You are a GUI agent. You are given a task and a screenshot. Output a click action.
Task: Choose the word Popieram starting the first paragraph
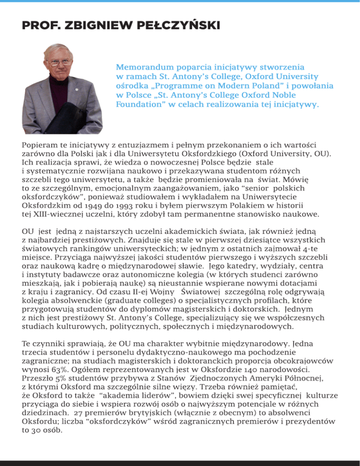[x=38, y=145]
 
